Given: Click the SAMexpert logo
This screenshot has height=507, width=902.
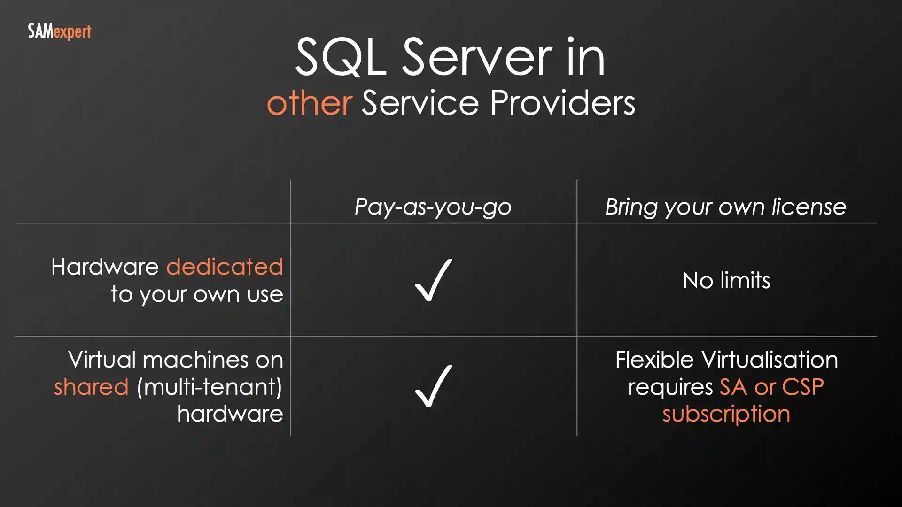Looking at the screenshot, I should (x=59, y=32).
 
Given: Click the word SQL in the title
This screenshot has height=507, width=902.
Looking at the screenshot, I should (x=341, y=57).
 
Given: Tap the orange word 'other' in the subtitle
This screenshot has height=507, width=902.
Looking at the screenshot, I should (x=310, y=103).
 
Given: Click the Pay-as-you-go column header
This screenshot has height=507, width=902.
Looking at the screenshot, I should (x=433, y=207).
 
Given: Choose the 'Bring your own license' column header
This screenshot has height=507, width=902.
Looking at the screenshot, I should (x=725, y=207).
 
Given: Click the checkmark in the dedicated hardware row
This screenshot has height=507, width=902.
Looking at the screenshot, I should (x=433, y=280).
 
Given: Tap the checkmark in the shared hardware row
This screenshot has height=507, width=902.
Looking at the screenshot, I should (x=433, y=386).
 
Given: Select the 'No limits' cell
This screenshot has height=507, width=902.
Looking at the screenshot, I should (x=726, y=280).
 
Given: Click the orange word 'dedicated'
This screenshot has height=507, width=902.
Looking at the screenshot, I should (x=225, y=267).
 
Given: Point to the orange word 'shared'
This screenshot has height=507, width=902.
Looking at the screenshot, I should (x=91, y=387).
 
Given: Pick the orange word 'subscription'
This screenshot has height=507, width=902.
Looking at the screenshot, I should (x=726, y=414).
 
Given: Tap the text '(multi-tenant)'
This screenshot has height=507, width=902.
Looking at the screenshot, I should (x=210, y=387).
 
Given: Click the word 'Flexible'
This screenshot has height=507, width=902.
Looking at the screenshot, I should (x=654, y=360).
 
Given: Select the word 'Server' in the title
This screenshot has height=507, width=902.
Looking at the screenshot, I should (x=477, y=57).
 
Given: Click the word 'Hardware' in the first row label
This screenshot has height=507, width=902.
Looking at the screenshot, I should (x=105, y=267).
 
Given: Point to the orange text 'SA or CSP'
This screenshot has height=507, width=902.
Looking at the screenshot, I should (x=771, y=387).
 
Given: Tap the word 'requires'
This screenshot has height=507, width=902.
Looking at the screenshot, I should (x=670, y=388).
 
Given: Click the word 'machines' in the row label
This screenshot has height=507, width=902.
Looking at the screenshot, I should (x=195, y=360).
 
